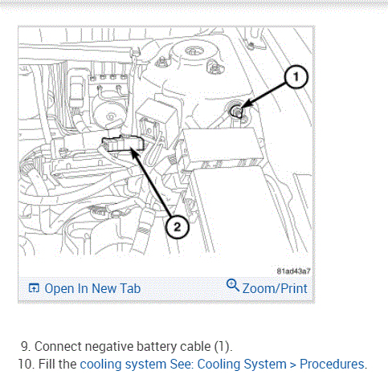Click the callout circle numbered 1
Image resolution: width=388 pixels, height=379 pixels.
click(x=296, y=77)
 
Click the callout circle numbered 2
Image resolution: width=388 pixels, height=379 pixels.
click(x=177, y=227)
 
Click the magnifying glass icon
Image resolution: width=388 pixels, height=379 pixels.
click(x=233, y=285)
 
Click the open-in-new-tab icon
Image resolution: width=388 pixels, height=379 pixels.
click(x=34, y=288)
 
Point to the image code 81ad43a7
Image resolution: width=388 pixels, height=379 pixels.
click(x=293, y=271)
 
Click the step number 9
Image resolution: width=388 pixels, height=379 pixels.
click(x=26, y=346)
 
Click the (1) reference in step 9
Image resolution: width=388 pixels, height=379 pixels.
click(x=223, y=347)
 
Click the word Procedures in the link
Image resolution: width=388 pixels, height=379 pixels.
click(x=333, y=364)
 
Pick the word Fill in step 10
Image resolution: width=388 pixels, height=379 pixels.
click(x=47, y=364)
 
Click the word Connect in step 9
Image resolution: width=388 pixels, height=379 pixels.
click(x=58, y=346)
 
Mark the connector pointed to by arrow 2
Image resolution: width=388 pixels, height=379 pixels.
click(x=123, y=144)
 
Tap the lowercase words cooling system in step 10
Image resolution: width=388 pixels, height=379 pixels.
click(x=123, y=365)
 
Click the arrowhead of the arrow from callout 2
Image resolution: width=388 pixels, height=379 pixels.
click(x=134, y=153)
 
